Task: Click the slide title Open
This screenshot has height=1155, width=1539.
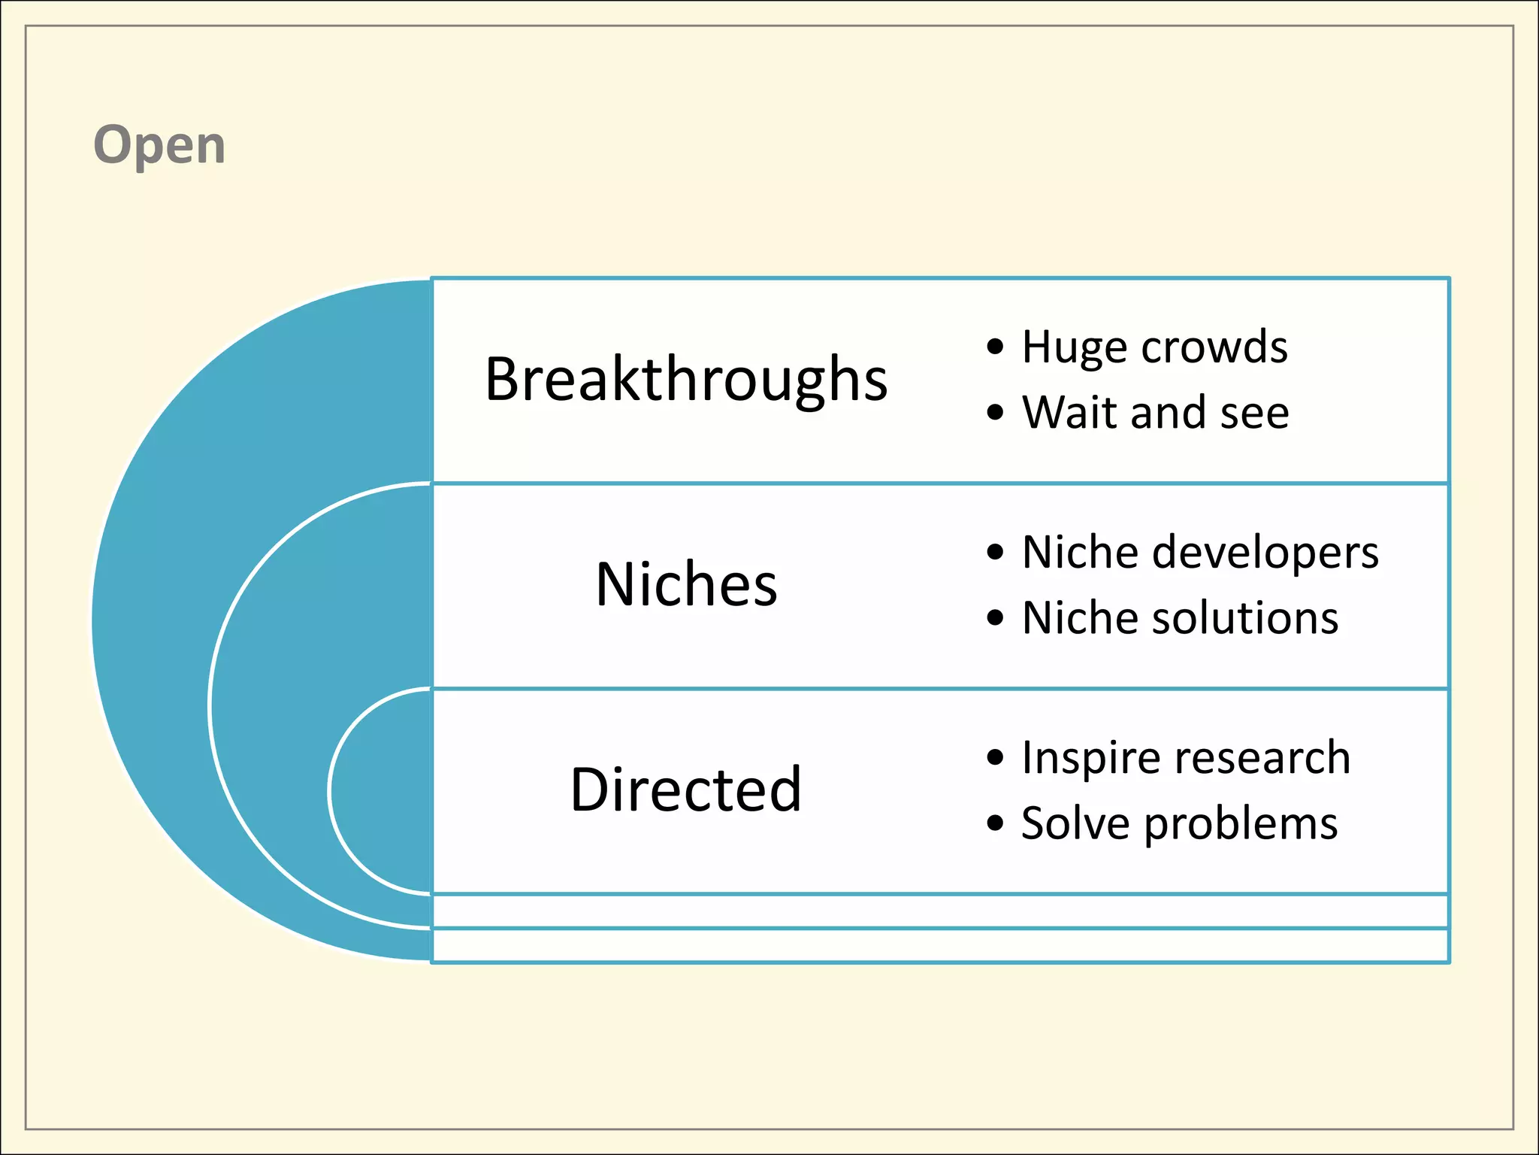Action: coord(159,145)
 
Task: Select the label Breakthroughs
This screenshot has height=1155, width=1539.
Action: coord(685,379)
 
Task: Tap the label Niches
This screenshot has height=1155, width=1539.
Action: coord(685,585)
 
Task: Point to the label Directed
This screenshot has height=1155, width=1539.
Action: coord(685,790)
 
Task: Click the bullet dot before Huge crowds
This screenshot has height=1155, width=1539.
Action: coord(995,347)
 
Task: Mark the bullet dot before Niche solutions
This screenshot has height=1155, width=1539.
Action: coord(995,618)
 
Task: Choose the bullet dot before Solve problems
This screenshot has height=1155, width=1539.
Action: coord(995,823)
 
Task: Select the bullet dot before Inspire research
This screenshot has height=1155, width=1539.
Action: coord(995,758)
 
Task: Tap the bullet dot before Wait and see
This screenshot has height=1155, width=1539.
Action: coord(995,413)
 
